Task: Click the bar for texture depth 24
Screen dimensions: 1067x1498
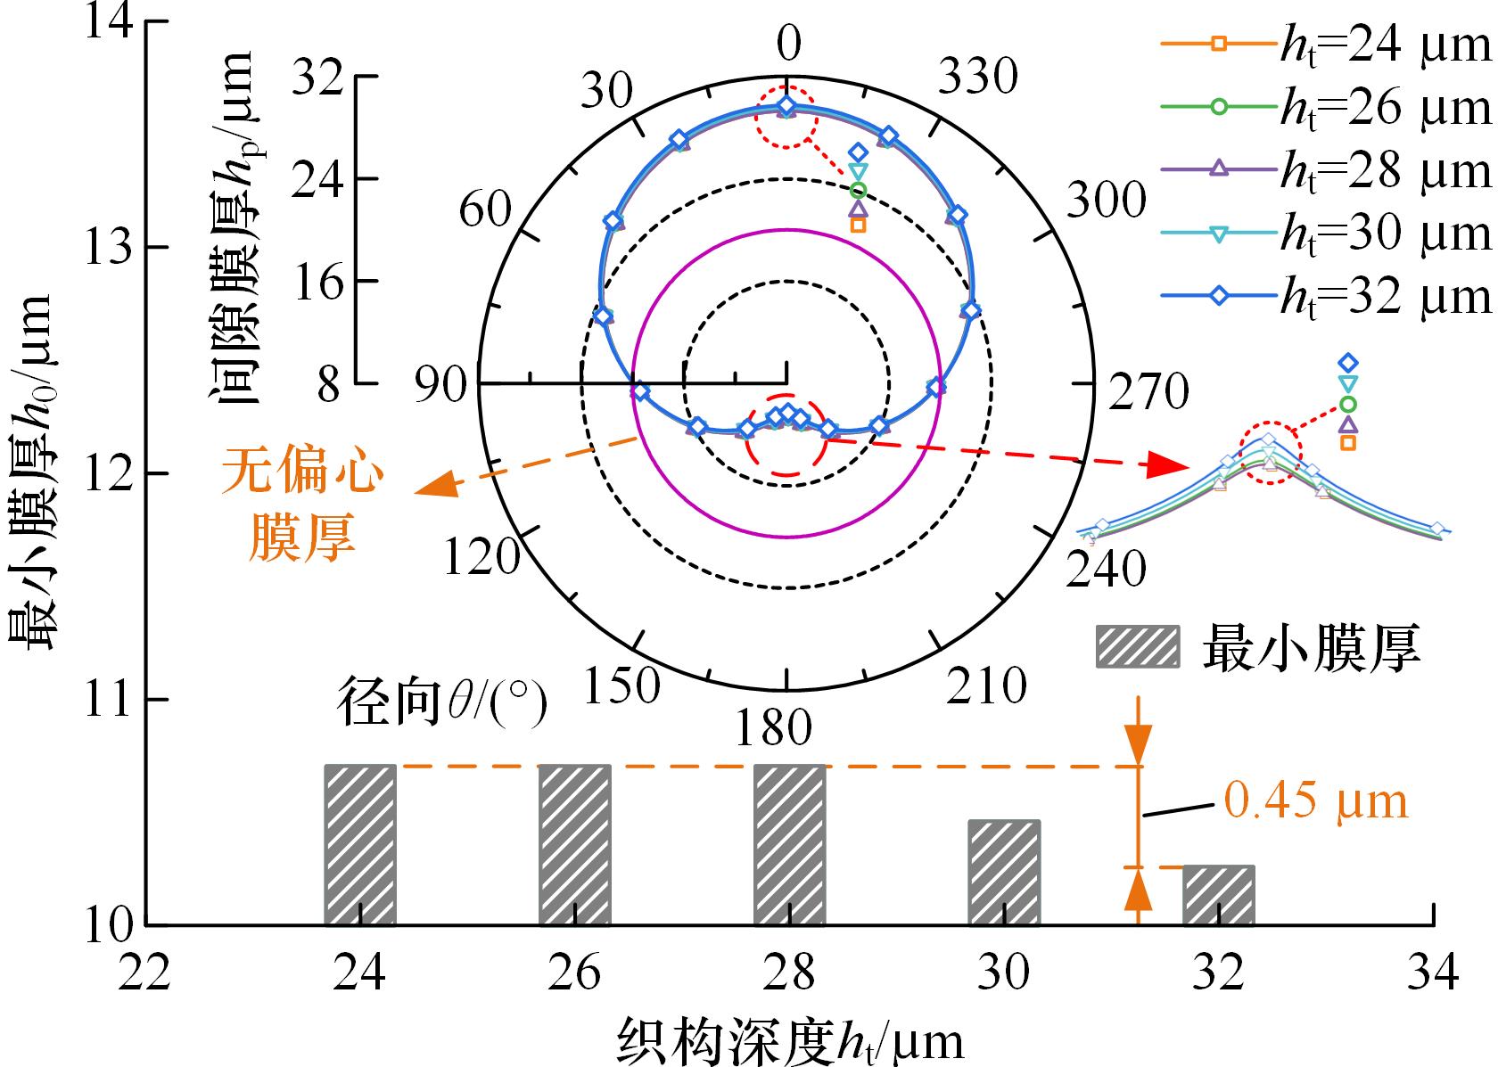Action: [x=359, y=844]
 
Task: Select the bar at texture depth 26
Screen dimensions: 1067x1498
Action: [x=574, y=844]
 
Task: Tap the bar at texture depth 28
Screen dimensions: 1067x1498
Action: [x=789, y=844]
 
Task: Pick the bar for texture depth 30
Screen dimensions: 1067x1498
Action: [x=1004, y=872]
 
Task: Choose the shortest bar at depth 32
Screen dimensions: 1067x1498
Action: [x=1218, y=895]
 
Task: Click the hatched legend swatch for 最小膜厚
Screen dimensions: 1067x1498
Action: [x=1138, y=646]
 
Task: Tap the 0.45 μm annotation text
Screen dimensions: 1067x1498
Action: [x=1315, y=802]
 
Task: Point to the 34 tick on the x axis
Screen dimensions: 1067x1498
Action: [x=1433, y=972]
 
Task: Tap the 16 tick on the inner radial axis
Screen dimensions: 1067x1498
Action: [x=317, y=283]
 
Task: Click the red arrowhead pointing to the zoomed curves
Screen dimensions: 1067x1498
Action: [x=1166, y=464]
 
